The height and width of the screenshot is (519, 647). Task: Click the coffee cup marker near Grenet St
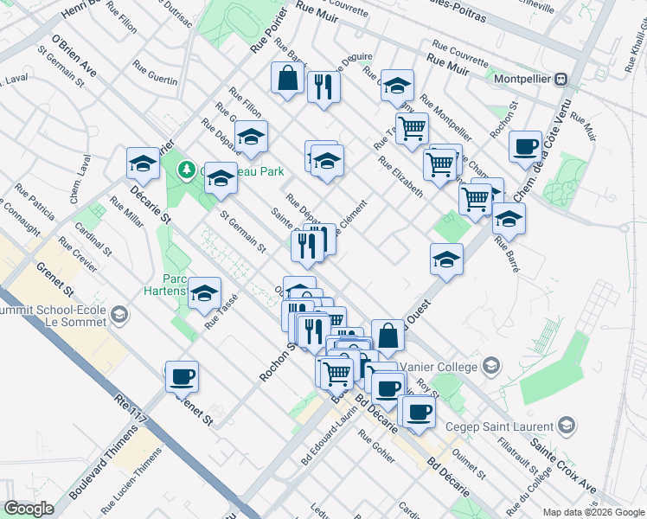pyautogui.click(x=182, y=377)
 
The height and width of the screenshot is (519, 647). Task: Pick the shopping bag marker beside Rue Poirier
pyautogui.click(x=287, y=80)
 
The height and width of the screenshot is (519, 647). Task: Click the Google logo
pyautogui.click(x=29, y=509)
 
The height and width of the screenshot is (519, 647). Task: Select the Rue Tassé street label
pyautogui.click(x=221, y=314)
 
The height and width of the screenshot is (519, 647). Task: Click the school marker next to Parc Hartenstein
pyautogui.click(x=204, y=294)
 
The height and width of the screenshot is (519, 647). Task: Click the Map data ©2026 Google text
pyautogui.click(x=593, y=511)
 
